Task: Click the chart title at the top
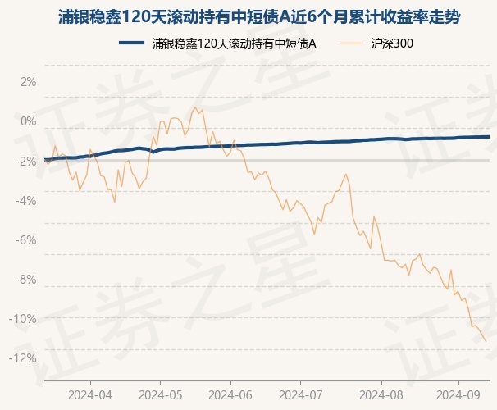click(248, 16)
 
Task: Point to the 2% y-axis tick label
click(29, 82)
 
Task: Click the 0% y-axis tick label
click(29, 121)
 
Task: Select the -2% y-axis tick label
click(27, 161)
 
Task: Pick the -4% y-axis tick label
click(27, 200)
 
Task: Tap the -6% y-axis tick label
click(27, 239)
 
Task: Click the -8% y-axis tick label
click(27, 279)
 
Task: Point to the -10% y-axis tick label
click(25, 318)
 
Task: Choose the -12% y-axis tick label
click(25, 358)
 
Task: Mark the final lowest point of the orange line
click(486, 341)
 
